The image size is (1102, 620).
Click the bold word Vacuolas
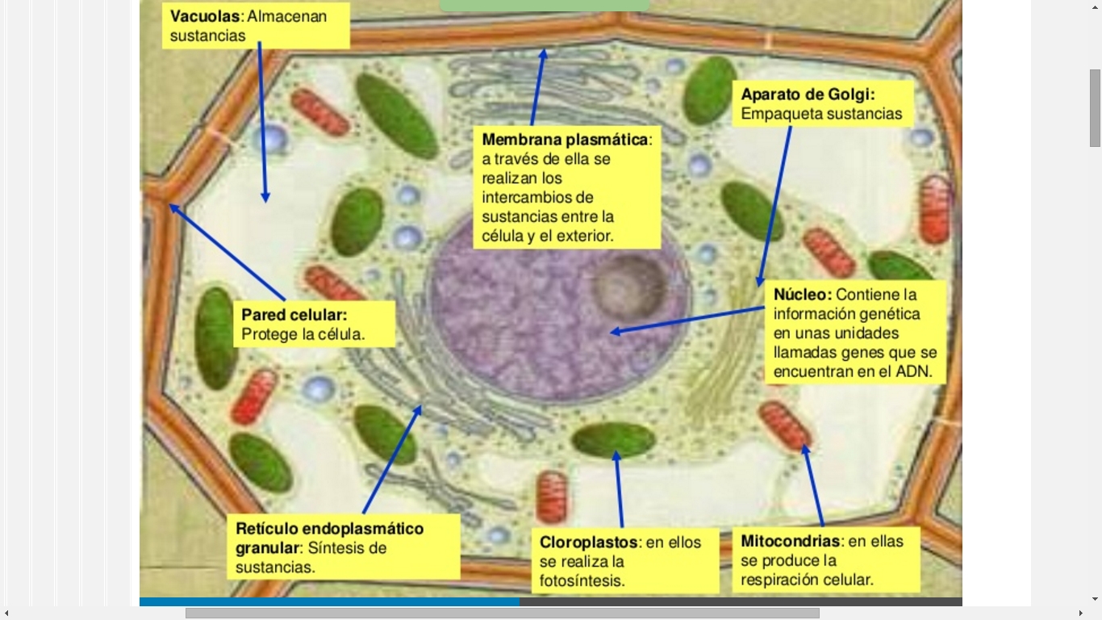click(x=205, y=17)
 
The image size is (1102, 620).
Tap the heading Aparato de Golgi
click(x=808, y=94)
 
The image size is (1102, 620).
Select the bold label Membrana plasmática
click(x=565, y=140)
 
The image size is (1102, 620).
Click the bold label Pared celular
click(x=294, y=315)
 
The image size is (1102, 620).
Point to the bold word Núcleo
click(x=802, y=295)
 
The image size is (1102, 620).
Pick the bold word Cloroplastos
click(x=589, y=542)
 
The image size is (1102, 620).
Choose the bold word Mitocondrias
click(x=791, y=541)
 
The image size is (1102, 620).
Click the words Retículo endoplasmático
click(x=329, y=529)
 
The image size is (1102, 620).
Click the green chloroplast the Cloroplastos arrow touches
click(x=613, y=439)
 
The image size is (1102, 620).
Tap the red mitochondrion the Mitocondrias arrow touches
click(x=783, y=425)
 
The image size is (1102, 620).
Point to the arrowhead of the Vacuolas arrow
click(x=265, y=198)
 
